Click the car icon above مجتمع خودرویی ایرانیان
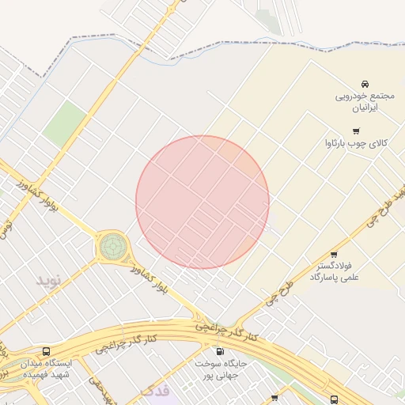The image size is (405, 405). pos(364,84)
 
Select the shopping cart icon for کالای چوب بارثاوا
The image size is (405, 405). pos(356,131)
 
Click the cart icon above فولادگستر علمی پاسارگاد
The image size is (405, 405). pos(334,255)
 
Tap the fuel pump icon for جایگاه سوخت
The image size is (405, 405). pos(219,350)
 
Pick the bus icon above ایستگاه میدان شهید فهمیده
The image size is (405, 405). pos(46,350)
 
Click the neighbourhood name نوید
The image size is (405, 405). pos(48,281)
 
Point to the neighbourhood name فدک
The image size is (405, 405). pos(154,391)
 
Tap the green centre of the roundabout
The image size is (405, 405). pos(112,246)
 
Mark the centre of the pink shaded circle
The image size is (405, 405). pos(202,202)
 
